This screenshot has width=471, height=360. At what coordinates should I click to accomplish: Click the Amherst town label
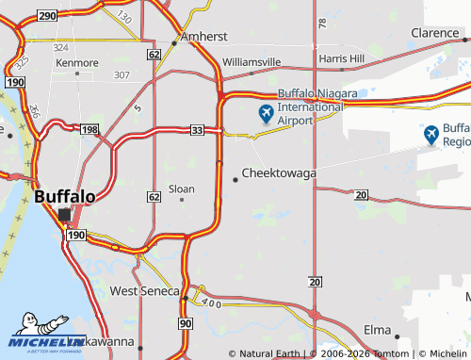(x=206, y=36)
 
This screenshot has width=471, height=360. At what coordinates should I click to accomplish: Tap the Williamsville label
(x=252, y=62)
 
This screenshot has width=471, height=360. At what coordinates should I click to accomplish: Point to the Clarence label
(x=434, y=33)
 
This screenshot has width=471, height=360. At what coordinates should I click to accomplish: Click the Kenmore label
(x=77, y=63)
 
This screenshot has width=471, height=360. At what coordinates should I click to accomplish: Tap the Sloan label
(x=181, y=188)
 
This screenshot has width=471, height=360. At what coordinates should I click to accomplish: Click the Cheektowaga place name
(x=279, y=173)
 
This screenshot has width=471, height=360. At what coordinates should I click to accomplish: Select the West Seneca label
(x=144, y=291)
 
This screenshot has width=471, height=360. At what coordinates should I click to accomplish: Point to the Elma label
(x=378, y=331)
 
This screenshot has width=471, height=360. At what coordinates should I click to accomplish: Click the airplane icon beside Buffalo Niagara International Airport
(x=265, y=115)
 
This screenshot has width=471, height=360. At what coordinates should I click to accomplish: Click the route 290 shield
(x=47, y=16)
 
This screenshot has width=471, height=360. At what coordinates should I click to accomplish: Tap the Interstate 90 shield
(x=186, y=323)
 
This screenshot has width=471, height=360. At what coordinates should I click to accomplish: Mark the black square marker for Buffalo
(x=65, y=216)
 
